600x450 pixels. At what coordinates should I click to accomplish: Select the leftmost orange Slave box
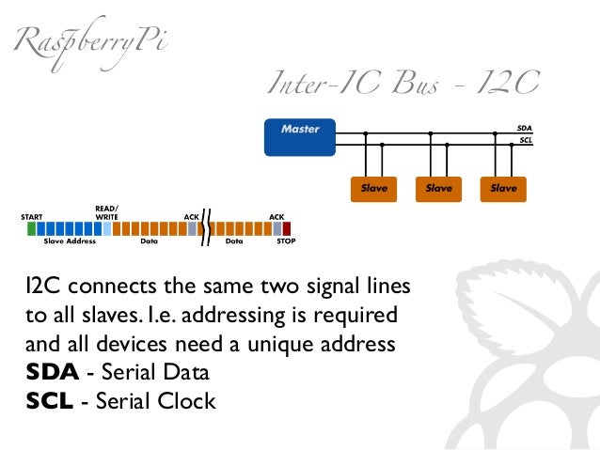(x=373, y=188)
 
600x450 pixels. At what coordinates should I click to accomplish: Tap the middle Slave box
(x=438, y=188)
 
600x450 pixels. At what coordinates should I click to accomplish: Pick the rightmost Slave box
(x=503, y=188)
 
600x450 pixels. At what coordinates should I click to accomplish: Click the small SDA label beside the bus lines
(x=524, y=128)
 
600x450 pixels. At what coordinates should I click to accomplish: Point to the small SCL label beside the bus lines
(x=525, y=141)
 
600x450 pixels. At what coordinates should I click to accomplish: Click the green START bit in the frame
(x=32, y=227)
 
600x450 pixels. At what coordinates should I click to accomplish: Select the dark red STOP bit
(x=287, y=227)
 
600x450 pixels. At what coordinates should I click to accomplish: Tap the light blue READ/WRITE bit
(x=106, y=227)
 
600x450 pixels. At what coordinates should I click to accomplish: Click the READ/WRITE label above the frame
(x=106, y=212)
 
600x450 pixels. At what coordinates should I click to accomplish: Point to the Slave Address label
(x=70, y=241)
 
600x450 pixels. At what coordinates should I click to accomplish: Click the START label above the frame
(x=32, y=217)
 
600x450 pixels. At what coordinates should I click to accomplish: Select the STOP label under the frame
(x=286, y=241)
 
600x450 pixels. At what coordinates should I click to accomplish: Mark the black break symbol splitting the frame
(x=206, y=227)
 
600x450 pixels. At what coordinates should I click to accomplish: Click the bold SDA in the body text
(x=53, y=371)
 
